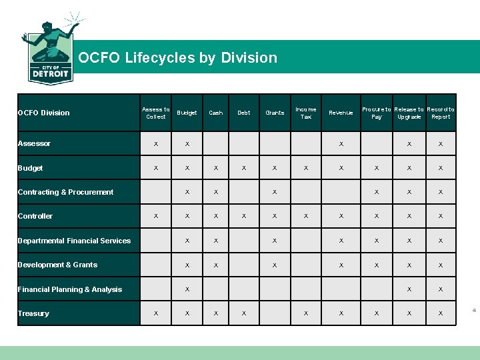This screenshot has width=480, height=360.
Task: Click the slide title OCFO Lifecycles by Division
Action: point(177,57)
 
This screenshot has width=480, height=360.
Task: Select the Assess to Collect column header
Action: point(156,113)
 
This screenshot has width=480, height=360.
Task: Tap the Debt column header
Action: point(244,113)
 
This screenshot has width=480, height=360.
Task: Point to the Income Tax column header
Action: point(306,113)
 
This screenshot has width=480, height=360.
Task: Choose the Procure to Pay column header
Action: point(377,113)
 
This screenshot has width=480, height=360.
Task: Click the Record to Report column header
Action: point(441,113)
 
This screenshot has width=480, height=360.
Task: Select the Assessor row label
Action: point(34,144)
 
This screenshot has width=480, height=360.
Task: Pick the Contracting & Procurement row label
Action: point(65,192)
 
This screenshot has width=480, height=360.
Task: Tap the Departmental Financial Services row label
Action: point(74,241)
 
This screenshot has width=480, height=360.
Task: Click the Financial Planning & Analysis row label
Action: point(70,289)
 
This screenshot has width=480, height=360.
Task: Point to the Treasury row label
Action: point(33,313)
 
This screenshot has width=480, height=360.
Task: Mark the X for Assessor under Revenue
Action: point(341,144)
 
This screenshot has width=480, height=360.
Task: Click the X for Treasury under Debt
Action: point(244,313)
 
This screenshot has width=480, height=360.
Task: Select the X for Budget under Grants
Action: point(275,168)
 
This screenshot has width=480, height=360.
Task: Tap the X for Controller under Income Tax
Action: point(306,216)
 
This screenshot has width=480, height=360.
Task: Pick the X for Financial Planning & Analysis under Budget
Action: point(187,289)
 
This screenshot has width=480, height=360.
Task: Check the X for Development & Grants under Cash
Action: point(216,265)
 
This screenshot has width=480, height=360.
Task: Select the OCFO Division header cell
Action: point(43,113)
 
